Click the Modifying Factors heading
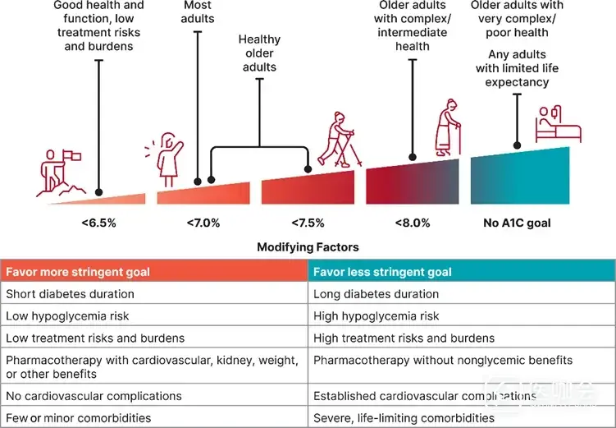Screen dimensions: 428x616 pyautogui.click(x=308, y=246)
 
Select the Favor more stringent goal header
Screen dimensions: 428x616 pyautogui.click(x=78, y=272)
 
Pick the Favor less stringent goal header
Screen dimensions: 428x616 pyautogui.click(x=383, y=272)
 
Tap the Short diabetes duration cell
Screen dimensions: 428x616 pyautogui.click(x=71, y=294)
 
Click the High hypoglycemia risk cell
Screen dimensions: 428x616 pyautogui.click(x=376, y=316)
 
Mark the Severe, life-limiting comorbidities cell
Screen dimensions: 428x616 pyautogui.click(x=404, y=418)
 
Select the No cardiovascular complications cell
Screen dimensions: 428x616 pyautogui.click(x=94, y=397)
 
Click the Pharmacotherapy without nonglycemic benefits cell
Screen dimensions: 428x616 pyautogui.click(x=444, y=361)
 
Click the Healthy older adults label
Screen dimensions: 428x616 pyautogui.click(x=259, y=53)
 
